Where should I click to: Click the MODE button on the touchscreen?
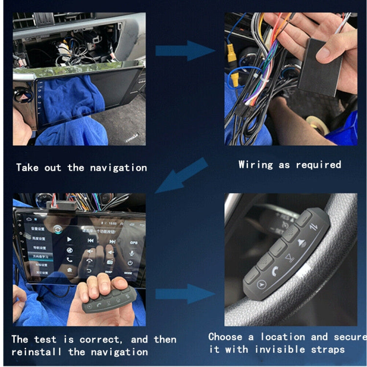[x=128, y=272]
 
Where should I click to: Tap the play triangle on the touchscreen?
[x=69, y=239]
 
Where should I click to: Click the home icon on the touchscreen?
[x=69, y=269]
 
